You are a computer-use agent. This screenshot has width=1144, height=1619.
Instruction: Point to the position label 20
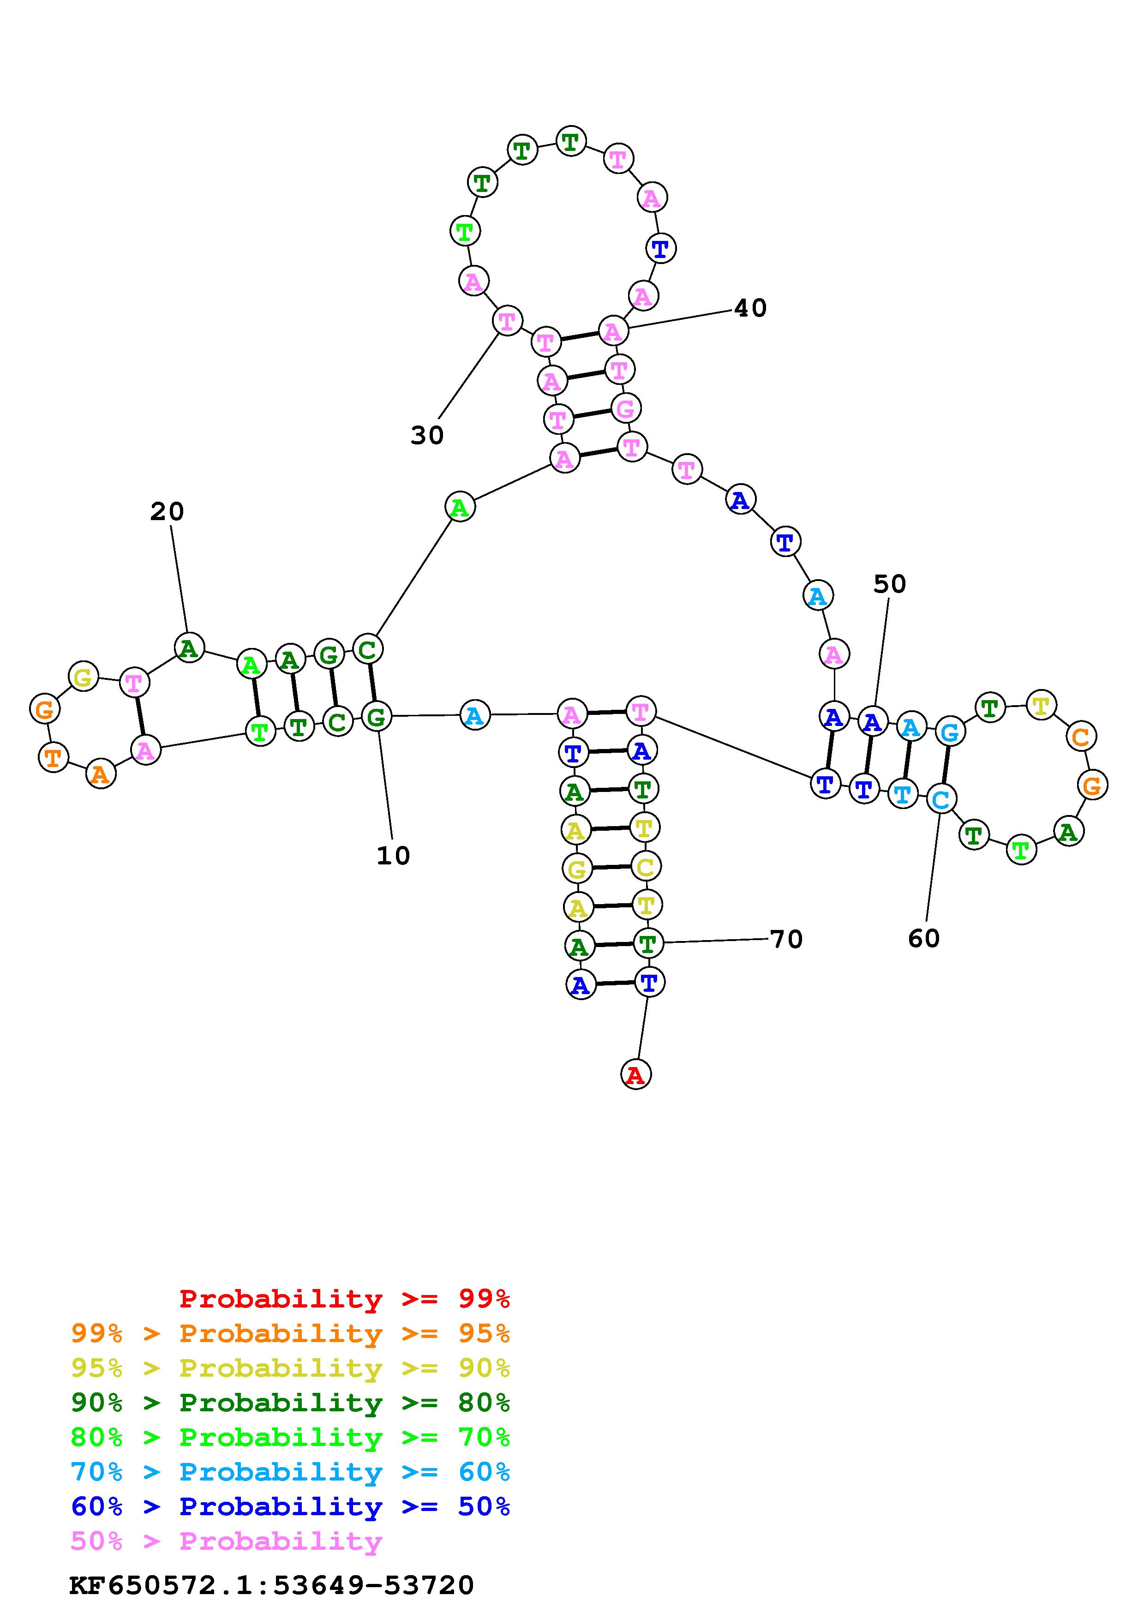(167, 511)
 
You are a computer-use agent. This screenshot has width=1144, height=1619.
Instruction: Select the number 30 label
(427, 436)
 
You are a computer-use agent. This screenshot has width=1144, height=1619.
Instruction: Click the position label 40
(750, 308)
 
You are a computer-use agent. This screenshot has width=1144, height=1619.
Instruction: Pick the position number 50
(890, 584)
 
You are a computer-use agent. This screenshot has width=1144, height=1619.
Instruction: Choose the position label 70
(786, 939)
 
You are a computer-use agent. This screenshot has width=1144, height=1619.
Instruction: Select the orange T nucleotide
(52, 758)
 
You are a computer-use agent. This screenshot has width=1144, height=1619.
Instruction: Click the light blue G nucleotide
(949, 732)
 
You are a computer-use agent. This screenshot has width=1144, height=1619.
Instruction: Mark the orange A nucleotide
(101, 774)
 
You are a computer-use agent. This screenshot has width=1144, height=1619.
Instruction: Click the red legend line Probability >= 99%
(345, 1299)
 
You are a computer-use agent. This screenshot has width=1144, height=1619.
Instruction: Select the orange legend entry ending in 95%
(290, 1333)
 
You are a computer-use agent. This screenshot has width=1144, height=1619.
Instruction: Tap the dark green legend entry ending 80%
(290, 1403)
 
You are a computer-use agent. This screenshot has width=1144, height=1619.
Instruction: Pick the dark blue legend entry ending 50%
(290, 1506)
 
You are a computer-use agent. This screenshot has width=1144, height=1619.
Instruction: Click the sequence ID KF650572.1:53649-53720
(271, 1585)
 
